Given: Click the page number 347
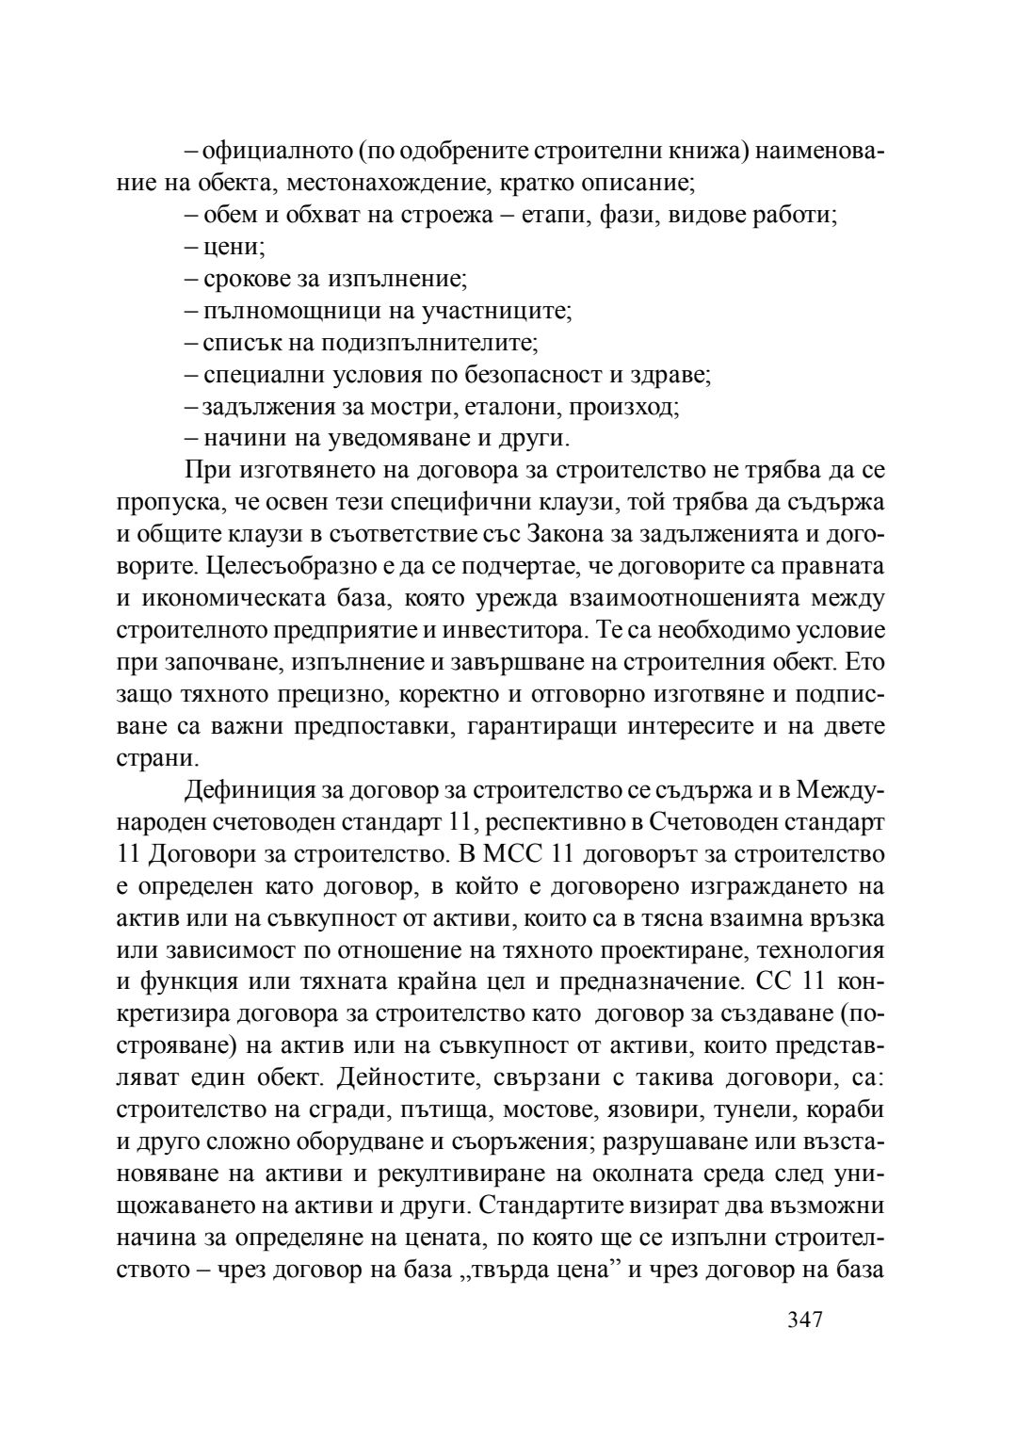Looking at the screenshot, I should pyautogui.click(x=805, y=1319).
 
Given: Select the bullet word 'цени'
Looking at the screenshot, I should pyautogui.click(x=233, y=248).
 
